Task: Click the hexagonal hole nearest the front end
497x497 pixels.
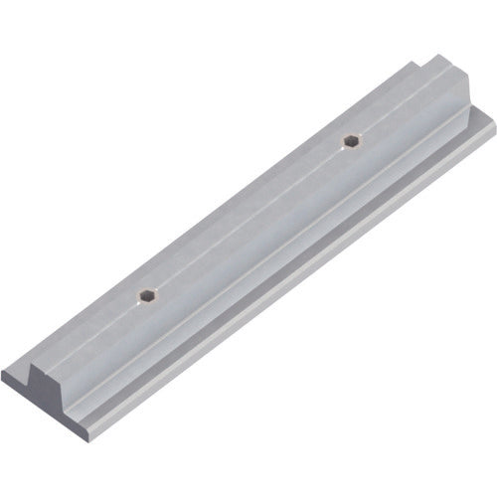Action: point(147,294)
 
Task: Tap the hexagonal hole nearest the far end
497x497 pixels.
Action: point(351,140)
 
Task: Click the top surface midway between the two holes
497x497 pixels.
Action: point(248,218)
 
